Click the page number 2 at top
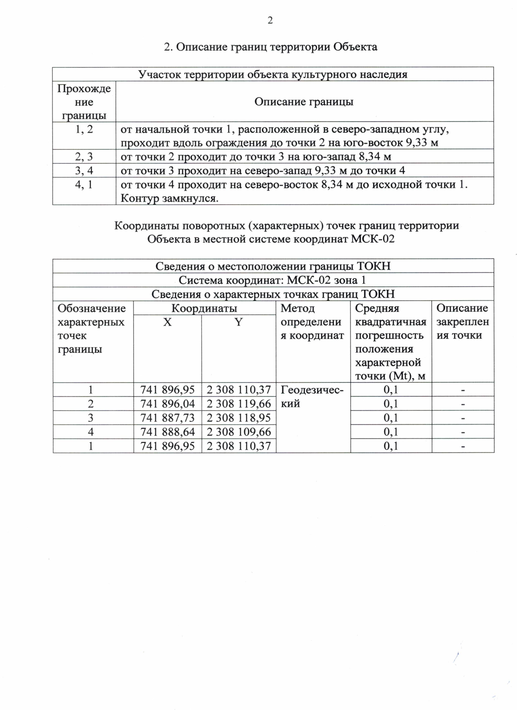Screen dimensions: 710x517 point(270,21)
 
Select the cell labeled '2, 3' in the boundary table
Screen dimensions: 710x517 point(84,157)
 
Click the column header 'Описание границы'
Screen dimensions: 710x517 point(304,102)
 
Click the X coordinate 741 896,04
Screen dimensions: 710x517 point(168,404)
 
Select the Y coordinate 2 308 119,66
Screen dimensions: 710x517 point(239,404)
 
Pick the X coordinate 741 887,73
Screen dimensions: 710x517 point(168,418)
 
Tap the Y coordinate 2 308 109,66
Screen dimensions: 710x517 point(239,432)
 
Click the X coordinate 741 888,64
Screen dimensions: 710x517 point(168,432)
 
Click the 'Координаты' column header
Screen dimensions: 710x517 point(204,308)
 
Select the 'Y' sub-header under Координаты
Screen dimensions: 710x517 point(238,322)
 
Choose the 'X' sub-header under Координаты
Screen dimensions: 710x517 point(167,322)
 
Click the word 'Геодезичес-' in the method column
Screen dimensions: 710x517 point(312,390)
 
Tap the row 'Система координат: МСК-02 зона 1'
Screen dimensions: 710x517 point(273,280)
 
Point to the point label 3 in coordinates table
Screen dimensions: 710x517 point(91,418)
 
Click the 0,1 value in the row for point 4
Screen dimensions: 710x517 point(391,432)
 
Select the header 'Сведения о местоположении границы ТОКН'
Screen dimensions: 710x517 point(273,266)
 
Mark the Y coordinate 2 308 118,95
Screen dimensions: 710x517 point(239,418)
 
